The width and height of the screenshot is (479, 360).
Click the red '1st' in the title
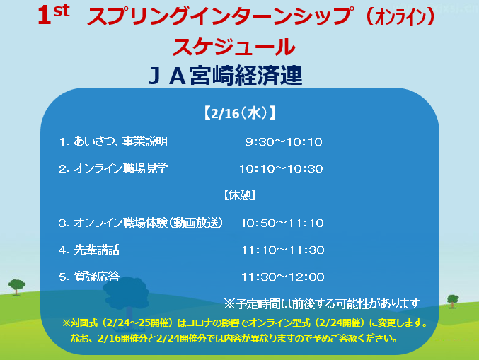(x=54, y=15)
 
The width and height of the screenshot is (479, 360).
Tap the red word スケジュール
(x=234, y=47)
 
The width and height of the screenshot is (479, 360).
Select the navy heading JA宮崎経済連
(x=226, y=75)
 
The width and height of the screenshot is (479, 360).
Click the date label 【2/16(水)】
(x=239, y=113)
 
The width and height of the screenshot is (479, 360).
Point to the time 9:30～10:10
(x=284, y=141)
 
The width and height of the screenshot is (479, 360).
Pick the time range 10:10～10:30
(x=281, y=168)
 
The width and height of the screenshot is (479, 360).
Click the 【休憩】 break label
(x=239, y=194)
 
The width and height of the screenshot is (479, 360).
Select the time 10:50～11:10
(x=282, y=223)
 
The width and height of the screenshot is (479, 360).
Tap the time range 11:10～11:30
(x=282, y=250)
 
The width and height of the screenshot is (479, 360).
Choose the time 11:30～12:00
(x=282, y=277)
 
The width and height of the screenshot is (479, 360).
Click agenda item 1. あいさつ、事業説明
(x=113, y=141)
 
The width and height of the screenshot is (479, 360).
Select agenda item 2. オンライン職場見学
(x=113, y=168)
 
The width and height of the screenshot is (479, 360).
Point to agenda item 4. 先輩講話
(x=89, y=250)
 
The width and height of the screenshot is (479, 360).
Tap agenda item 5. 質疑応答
(x=89, y=277)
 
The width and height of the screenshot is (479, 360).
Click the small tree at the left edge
(x=17, y=286)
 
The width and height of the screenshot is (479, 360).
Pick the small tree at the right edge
(x=453, y=301)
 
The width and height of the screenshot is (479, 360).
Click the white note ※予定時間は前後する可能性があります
(x=322, y=304)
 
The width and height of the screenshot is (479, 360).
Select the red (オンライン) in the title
(x=400, y=18)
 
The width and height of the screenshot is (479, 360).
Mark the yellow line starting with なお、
(x=234, y=338)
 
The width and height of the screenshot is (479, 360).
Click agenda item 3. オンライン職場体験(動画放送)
(x=141, y=223)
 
